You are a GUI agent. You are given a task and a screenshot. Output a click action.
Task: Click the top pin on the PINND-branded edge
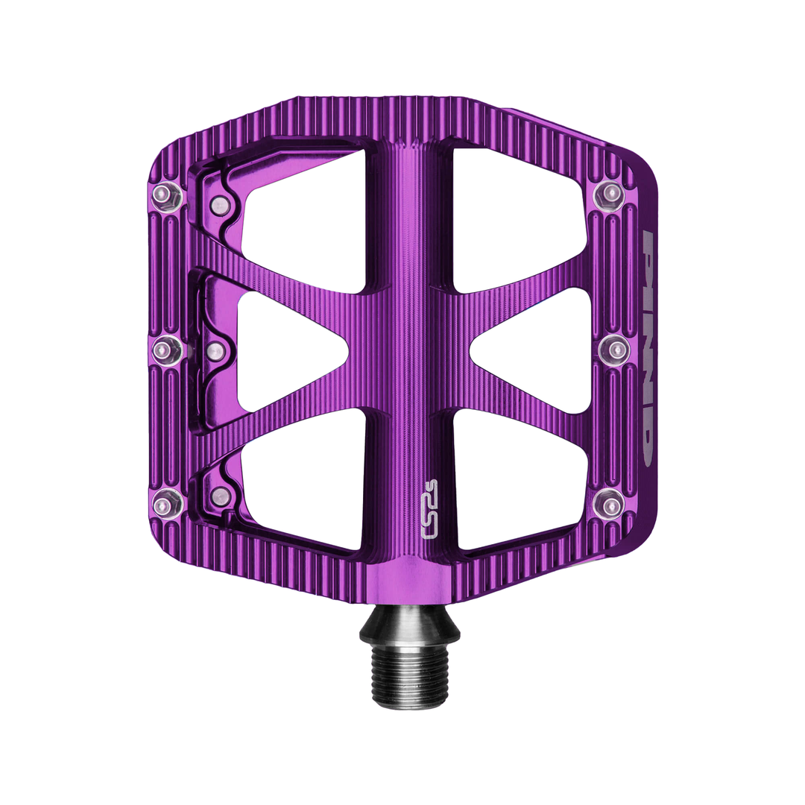tap(610, 195)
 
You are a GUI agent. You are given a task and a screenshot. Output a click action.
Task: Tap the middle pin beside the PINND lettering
tap(614, 348)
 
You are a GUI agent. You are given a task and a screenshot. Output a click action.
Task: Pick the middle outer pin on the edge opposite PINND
tap(167, 349)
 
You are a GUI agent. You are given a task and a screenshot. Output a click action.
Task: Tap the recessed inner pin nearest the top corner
tap(219, 205)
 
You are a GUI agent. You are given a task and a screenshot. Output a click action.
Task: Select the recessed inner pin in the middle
tap(215, 351)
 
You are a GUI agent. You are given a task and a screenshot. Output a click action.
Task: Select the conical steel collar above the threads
tap(409, 628)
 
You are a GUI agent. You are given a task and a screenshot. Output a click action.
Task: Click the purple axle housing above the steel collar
tap(408, 581)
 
